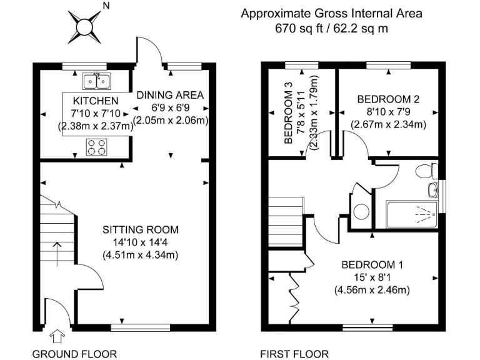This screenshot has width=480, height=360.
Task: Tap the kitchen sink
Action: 96,81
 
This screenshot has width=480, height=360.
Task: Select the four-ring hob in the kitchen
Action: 96,147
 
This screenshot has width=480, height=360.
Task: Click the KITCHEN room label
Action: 95,101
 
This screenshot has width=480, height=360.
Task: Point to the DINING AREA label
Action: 170,95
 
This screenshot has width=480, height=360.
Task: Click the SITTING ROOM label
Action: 141,229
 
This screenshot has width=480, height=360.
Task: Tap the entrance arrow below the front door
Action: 57,337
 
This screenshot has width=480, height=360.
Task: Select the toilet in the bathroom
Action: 427,170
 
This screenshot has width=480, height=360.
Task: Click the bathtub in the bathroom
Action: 412,214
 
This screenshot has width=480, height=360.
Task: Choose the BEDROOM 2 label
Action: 388,99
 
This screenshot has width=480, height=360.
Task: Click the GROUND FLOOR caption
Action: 66,354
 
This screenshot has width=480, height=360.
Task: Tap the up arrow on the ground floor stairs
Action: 57,253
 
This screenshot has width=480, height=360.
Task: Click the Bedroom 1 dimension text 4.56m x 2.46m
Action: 373,290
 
